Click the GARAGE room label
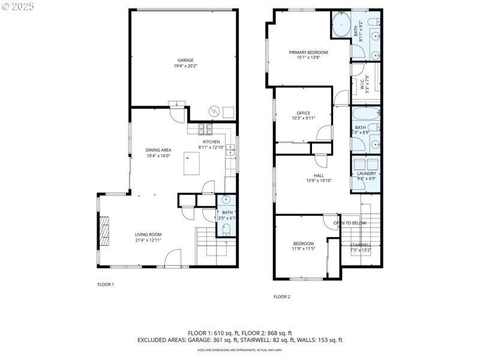[x=185, y=60]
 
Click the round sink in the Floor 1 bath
[x=227, y=200]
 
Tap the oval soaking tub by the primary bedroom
[x=342, y=26]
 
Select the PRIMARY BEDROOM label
[x=308, y=52]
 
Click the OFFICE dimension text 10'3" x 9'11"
[x=303, y=118]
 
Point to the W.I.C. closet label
[x=363, y=88]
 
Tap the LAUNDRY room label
[x=366, y=173]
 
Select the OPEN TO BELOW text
[x=350, y=223]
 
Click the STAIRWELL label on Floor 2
[x=361, y=245]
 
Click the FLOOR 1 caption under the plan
[x=106, y=284]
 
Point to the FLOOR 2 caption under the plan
[x=281, y=296]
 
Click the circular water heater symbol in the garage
[x=214, y=111]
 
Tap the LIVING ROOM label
[x=148, y=235]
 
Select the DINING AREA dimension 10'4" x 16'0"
[x=158, y=155]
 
